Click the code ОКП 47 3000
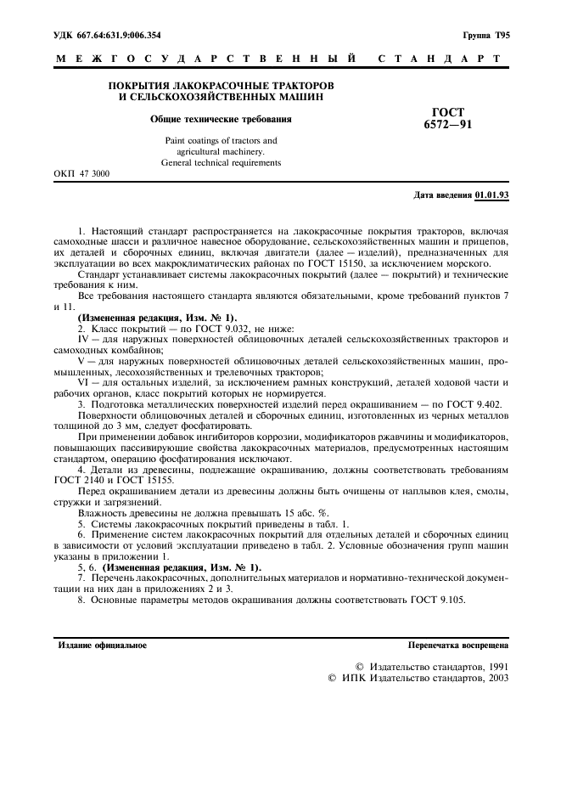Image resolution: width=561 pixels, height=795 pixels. (81, 173)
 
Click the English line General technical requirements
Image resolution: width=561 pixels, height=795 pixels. (221, 162)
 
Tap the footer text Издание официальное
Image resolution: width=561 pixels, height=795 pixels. (102, 646)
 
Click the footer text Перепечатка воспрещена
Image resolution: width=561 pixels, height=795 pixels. (457, 646)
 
